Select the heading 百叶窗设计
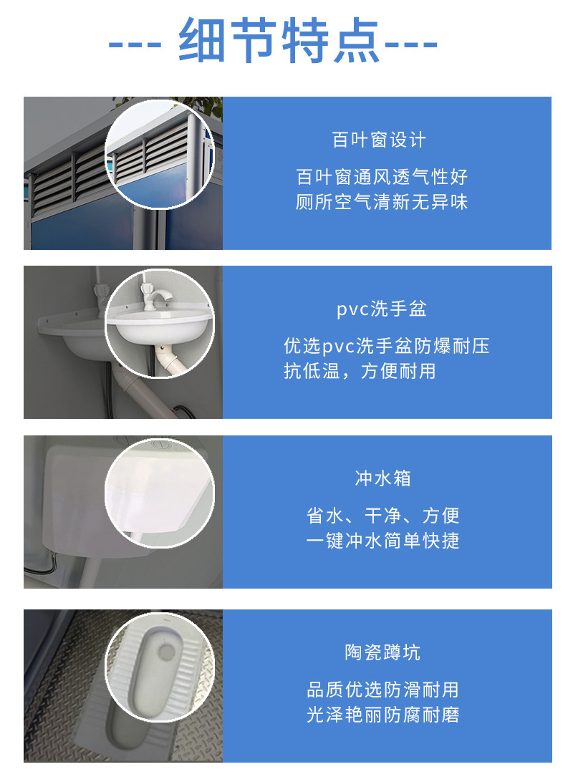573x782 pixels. (x=379, y=140)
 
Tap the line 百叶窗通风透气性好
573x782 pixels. (x=382, y=177)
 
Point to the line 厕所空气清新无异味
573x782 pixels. (x=382, y=203)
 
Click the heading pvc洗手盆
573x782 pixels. (x=382, y=309)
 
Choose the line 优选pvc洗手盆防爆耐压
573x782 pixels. (x=387, y=347)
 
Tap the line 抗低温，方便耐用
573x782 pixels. (x=360, y=372)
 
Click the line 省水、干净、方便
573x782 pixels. (x=382, y=516)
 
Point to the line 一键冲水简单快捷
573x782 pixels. (x=382, y=541)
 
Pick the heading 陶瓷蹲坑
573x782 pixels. (x=382, y=652)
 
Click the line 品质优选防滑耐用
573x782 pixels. (x=382, y=690)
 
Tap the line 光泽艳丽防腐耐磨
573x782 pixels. (x=382, y=715)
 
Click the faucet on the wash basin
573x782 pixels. (x=153, y=296)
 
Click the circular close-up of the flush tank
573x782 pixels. (x=160, y=493)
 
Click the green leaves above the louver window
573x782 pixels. (x=208, y=107)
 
